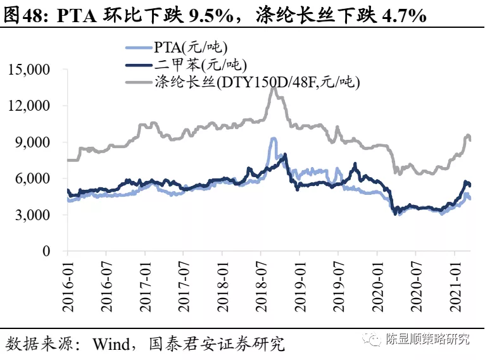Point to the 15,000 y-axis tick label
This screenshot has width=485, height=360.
29,70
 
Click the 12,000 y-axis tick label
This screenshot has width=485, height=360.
29,106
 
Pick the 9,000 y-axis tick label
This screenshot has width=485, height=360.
33,142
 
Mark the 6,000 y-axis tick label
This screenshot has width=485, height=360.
33,178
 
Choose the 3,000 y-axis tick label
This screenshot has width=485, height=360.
33,215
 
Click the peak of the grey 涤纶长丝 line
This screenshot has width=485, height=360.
273,87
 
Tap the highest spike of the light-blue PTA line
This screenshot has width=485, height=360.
273,138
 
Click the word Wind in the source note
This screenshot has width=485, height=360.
110,344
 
